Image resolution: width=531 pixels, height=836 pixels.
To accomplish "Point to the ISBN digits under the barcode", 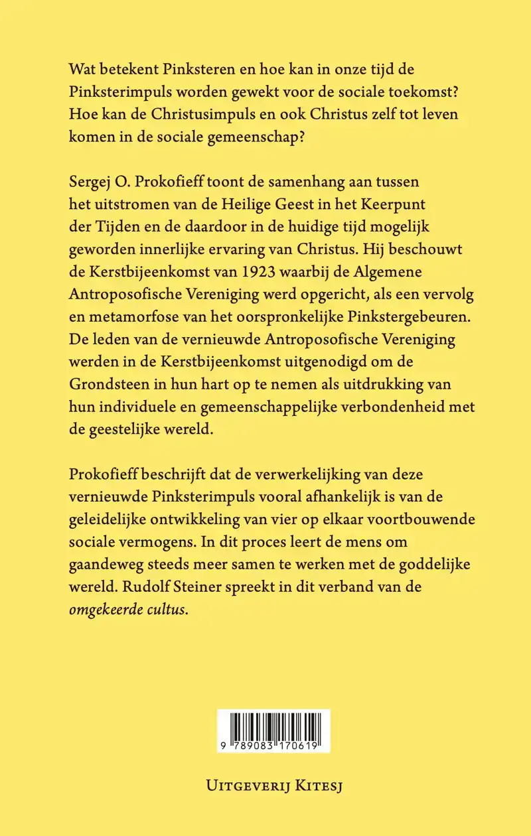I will point(273,746).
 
